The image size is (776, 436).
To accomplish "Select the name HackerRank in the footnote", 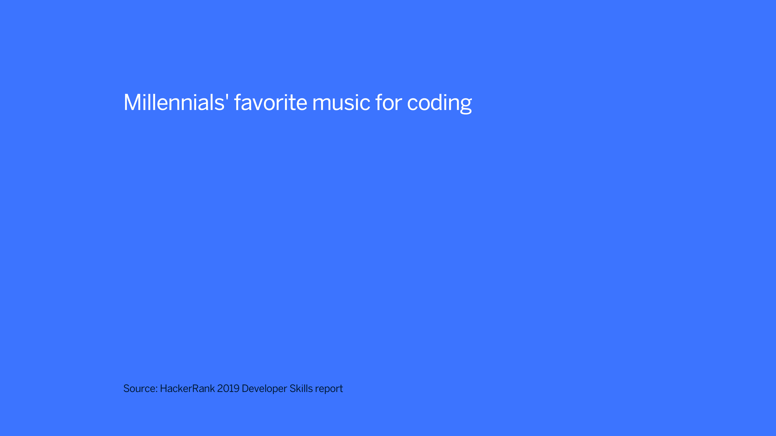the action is [x=187, y=388].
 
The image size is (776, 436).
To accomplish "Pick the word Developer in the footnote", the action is [x=264, y=389].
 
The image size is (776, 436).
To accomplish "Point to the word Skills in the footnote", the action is [x=301, y=388].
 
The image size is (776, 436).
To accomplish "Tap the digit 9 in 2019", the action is [x=236, y=388].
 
